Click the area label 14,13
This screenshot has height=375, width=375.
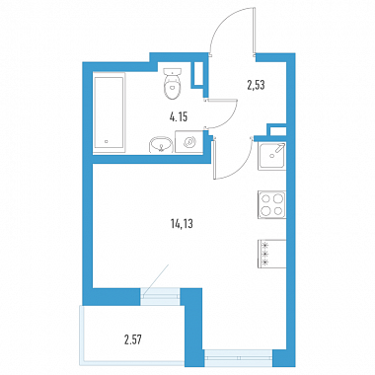click(182, 224)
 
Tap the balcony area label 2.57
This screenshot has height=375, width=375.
click(133, 339)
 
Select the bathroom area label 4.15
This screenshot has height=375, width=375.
click(179, 116)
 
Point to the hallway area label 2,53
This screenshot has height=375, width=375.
click(256, 85)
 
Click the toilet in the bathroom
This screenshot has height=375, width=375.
click(173, 84)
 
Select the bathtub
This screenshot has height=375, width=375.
click(109, 114)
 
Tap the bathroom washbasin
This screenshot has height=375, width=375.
click(161, 145)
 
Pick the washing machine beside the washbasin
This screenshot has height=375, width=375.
click(188, 142)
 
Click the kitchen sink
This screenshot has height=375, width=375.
click(271, 156)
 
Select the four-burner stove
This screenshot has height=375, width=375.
click(271, 204)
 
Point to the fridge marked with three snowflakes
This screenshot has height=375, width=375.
click(271, 254)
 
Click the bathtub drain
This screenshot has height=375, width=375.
click(107, 142)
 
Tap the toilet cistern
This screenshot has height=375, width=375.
click(173, 71)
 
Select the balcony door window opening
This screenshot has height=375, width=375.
click(161, 293)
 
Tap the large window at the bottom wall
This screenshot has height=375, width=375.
click(239, 357)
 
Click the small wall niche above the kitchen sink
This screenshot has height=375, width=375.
click(276, 130)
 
